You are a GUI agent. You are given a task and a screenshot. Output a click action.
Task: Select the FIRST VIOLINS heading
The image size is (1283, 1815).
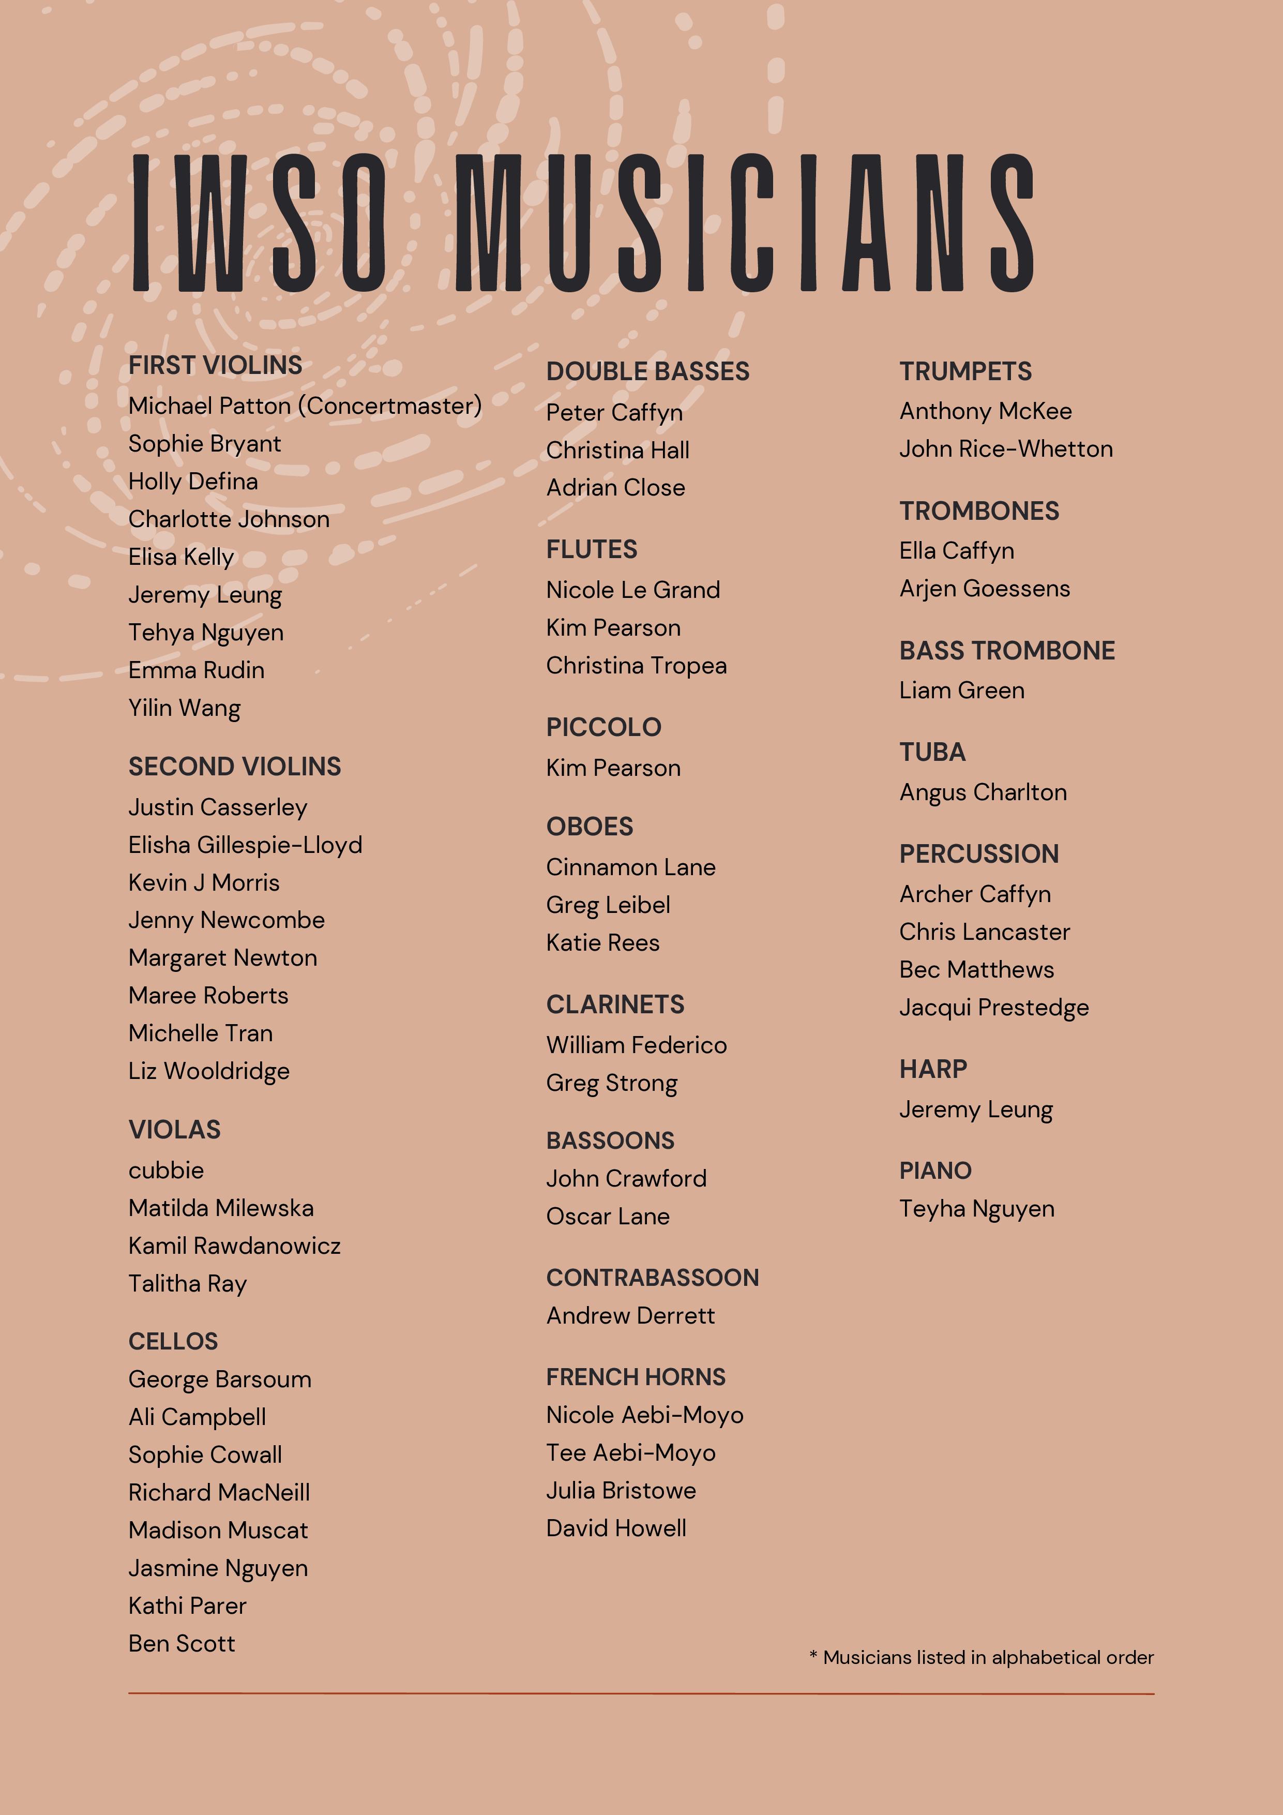click(x=215, y=365)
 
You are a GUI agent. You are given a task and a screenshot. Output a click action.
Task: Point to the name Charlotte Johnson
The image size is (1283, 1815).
click(x=229, y=519)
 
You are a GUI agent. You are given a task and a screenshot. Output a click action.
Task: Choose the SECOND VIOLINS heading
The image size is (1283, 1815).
click(x=235, y=767)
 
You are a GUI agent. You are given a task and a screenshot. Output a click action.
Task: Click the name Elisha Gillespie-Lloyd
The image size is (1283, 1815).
click(x=245, y=845)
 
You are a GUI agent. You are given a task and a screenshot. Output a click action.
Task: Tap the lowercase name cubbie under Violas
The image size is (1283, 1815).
click(x=166, y=1170)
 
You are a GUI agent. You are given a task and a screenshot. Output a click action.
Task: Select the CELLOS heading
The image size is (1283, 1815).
click(x=173, y=1342)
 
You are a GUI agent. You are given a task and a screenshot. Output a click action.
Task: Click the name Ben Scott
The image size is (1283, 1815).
click(x=182, y=1643)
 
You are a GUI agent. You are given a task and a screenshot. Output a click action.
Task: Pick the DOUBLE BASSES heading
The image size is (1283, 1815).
click(x=647, y=371)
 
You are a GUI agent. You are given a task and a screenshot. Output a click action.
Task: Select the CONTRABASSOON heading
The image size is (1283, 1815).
click(x=652, y=1278)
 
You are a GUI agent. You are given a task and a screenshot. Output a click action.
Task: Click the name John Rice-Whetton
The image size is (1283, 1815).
click(x=1005, y=449)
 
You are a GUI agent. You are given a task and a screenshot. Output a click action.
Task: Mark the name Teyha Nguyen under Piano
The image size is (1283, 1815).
click(x=976, y=1209)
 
